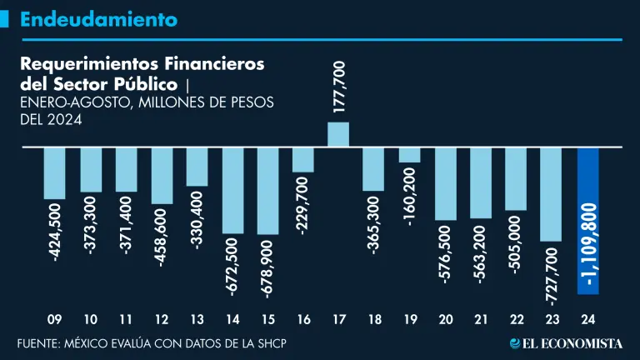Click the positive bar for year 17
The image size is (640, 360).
click(x=338, y=134)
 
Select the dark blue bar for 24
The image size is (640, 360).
click(x=588, y=220)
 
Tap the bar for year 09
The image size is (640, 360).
click(x=54, y=173)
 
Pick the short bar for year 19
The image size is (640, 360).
click(x=409, y=154)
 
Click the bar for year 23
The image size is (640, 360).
click(x=552, y=194)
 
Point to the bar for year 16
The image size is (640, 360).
click(x=302, y=159)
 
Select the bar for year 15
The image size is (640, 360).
click(x=267, y=190)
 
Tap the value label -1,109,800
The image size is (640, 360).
click(x=590, y=247)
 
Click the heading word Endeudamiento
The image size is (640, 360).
click(x=98, y=18)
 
